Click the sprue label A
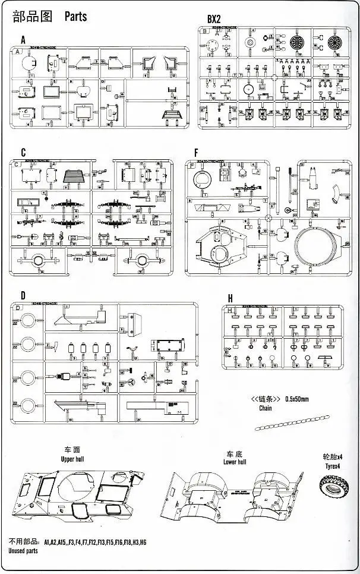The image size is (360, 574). (x=23, y=40)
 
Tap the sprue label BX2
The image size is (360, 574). (x=214, y=20)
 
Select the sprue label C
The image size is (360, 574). (x=23, y=152)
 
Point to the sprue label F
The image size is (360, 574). (x=195, y=152)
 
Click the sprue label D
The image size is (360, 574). (x=23, y=295)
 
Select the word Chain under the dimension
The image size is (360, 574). (x=266, y=408)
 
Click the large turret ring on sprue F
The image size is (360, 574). (x=318, y=250)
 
